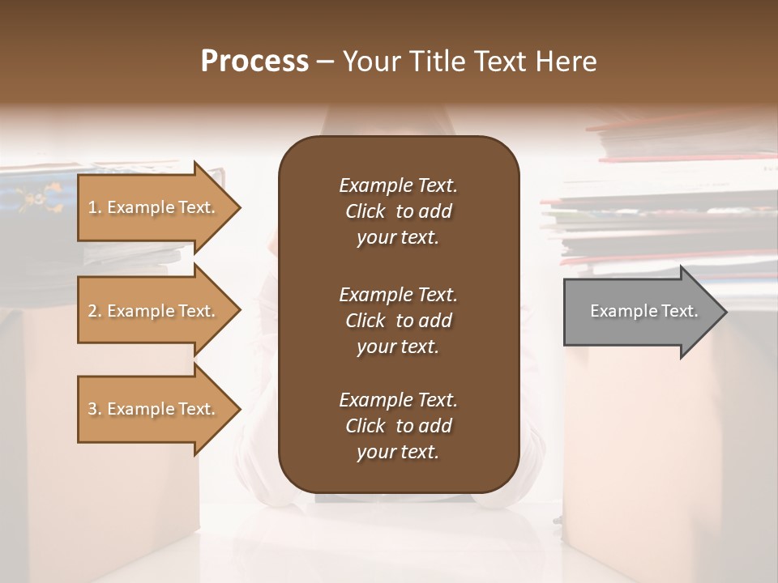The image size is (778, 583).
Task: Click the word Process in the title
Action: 254,62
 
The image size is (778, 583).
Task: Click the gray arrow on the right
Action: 640,311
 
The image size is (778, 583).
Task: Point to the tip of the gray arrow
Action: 725,311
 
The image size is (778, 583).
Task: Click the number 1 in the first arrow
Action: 92,207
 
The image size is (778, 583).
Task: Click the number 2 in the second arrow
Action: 92,311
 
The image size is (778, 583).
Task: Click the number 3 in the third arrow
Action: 92,409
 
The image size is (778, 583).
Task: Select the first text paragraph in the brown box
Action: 398,211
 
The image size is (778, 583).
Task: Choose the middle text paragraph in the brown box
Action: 398,320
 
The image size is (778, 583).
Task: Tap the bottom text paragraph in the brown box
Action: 398,425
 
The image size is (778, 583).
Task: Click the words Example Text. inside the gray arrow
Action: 644,311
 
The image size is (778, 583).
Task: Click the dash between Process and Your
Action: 326,62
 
